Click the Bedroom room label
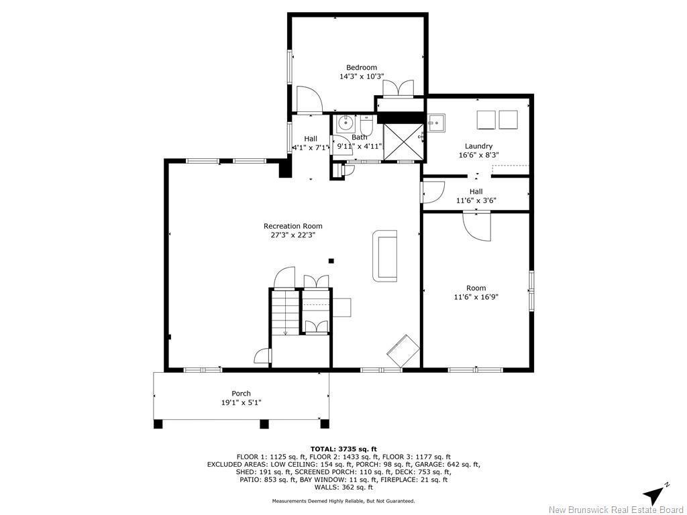(x=361, y=67)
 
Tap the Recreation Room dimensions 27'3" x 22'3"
(x=288, y=235)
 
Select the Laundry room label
(x=478, y=146)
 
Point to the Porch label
(x=241, y=394)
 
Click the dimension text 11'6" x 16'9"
(x=476, y=296)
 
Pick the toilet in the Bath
(x=366, y=125)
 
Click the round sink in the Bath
(x=346, y=123)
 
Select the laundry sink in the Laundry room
(x=435, y=123)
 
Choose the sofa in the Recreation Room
(x=385, y=255)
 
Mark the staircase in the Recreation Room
(x=284, y=312)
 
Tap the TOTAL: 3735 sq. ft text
(x=343, y=449)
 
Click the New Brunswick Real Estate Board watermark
(x=616, y=510)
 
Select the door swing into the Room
(x=478, y=227)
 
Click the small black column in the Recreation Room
(x=330, y=261)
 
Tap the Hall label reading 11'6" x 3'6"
(x=476, y=196)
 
